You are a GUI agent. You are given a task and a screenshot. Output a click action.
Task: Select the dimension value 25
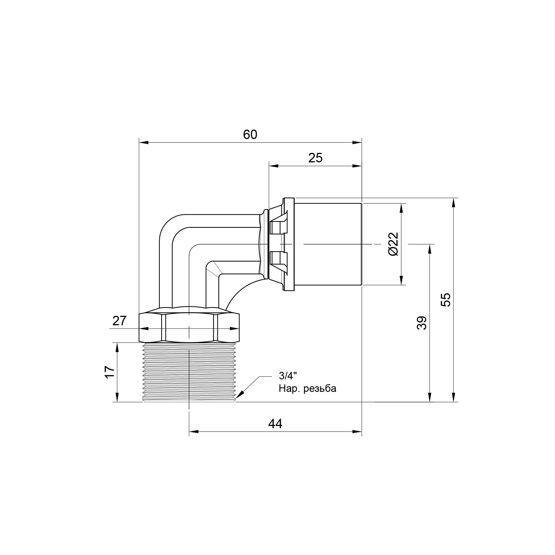tap(316, 158)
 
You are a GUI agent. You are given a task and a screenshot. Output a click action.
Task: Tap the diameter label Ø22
tap(393, 244)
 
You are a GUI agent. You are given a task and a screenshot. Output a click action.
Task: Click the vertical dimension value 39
tap(422, 323)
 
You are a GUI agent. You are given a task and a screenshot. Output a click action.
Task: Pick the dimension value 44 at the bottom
tap(275, 424)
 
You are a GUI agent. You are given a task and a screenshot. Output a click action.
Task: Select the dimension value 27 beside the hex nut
tap(119, 321)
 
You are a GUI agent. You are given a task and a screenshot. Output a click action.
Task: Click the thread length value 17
tap(110, 372)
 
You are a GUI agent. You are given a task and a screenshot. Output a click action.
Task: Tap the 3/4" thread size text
tap(287, 375)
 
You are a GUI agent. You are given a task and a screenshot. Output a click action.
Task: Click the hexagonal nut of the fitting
tap(189, 327)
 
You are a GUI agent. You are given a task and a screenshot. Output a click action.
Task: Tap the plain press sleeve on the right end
tap(327, 244)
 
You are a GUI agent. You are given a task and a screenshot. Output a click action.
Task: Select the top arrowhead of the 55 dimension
tap(454, 203)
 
